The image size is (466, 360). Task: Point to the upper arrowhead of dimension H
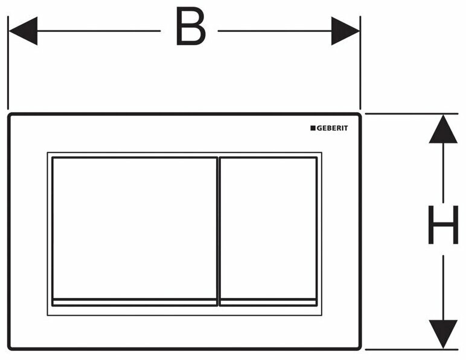[444, 128]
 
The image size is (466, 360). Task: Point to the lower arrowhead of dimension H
[444, 334]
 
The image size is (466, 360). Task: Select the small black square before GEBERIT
[313, 128]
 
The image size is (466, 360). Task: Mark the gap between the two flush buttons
[219, 229]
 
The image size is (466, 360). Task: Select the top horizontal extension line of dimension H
[410, 113]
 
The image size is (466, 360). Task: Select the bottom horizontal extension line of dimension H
[410, 349]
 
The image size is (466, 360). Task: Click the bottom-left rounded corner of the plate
[11, 346]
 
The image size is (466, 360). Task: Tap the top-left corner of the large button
[53, 159]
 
